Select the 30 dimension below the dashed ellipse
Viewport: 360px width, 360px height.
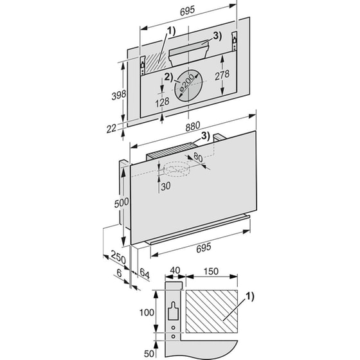pyautogui.click(x=166, y=186)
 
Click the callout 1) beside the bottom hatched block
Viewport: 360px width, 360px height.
pyautogui.click(x=250, y=296)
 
